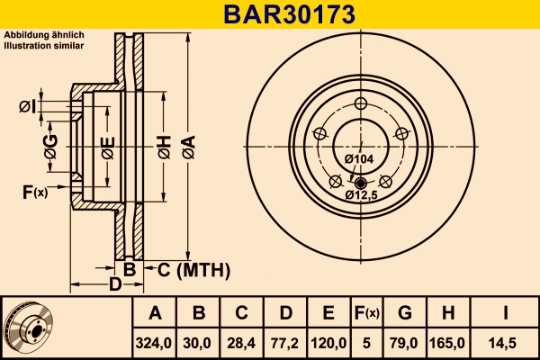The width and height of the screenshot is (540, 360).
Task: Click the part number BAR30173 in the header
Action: click(x=270, y=13)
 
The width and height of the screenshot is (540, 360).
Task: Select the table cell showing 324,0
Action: click(x=154, y=342)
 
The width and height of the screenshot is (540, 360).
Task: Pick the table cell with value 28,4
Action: click(x=241, y=342)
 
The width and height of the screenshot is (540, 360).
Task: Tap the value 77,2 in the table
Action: click(x=285, y=342)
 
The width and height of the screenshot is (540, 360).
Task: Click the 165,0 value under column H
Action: click(x=448, y=342)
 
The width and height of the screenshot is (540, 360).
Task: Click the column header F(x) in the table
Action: click(x=366, y=313)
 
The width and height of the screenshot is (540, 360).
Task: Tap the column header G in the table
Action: click(x=405, y=313)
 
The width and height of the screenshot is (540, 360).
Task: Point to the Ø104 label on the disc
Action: click(x=359, y=159)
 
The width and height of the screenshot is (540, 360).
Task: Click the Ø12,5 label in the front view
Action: click(x=360, y=194)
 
